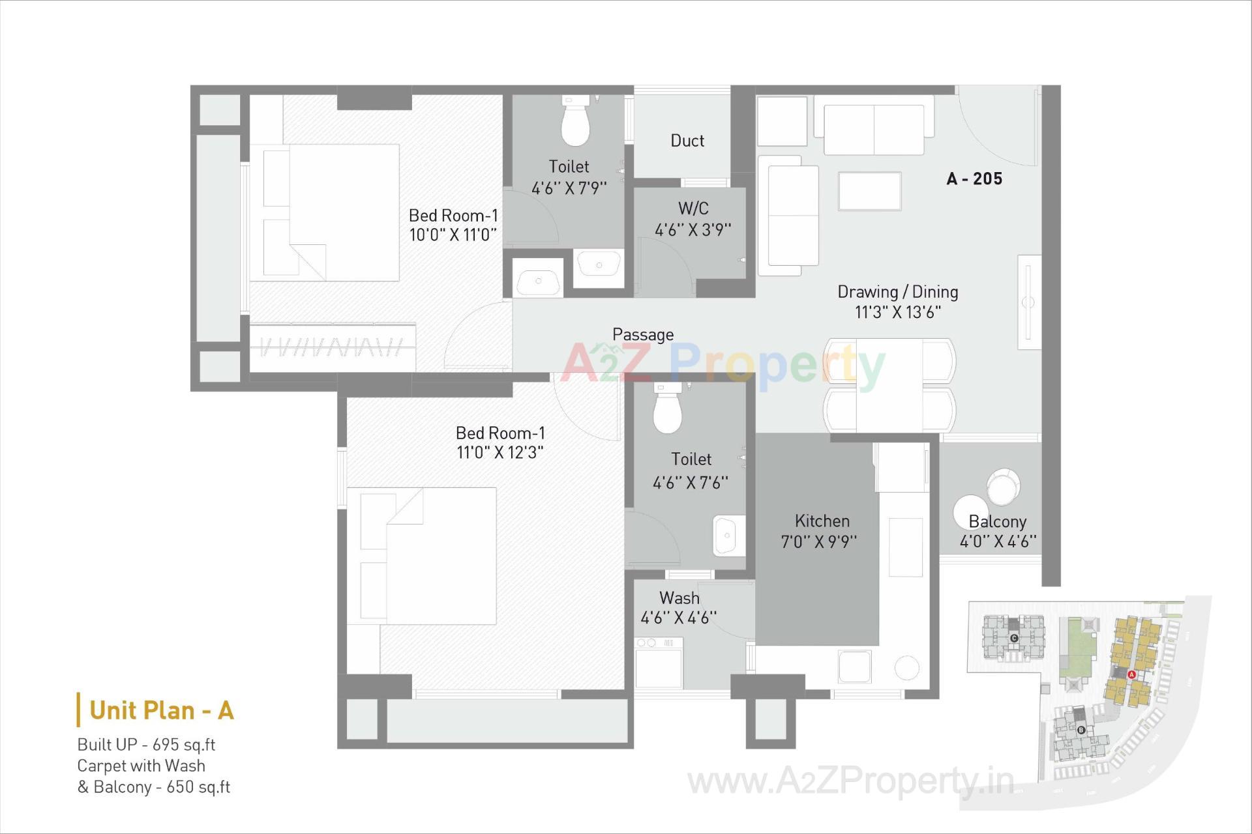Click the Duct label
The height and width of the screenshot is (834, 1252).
[x=687, y=141]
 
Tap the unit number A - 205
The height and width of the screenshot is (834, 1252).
[x=974, y=179]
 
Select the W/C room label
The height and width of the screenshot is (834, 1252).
[x=693, y=208]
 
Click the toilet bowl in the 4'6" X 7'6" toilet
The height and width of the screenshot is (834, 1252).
[x=667, y=412]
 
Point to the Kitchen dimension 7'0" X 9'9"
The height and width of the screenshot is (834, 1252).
[x=819, y=541]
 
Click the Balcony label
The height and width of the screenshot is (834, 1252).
[x=997, y=521]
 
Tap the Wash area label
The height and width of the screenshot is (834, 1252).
[x=679, y=597]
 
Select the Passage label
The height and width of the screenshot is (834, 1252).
[x=643, y=335]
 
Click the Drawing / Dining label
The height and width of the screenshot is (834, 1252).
[x=897, y=292]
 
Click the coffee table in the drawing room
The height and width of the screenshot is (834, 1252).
[x=870, y=191]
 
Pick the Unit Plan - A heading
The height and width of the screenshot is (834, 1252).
[x=161, y=710]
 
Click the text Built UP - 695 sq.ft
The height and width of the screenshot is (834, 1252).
[x=146, y=745]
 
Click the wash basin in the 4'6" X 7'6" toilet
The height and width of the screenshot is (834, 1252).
[x=727, y=536]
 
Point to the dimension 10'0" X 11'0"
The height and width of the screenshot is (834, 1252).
[x=453, y=235]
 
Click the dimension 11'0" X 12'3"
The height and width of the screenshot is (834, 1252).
[x=500, y=452]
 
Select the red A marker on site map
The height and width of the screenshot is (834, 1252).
[x=1131, y=674]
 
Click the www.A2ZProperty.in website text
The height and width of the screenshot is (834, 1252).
[x=851, y=781]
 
